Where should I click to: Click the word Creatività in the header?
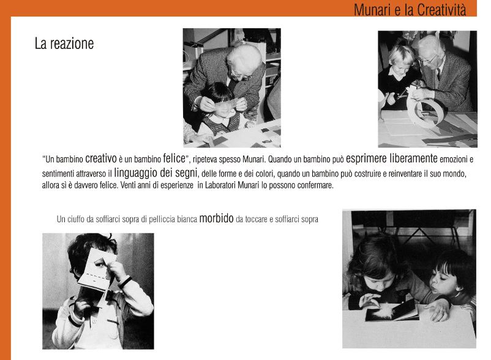coord(441,10)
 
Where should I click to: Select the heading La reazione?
coord(64,43)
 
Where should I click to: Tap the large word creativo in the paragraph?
coord(101,159)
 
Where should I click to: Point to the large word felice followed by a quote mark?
coord(174,158)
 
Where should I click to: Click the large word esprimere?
coord(366,159)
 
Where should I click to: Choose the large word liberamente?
coord(413,158)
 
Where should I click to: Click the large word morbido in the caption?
coord(216,218)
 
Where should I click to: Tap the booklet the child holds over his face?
coord(96,270)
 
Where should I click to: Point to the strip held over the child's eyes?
coord(226,103)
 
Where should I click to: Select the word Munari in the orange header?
coord(372,10)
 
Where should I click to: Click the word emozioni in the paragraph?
coord(454,159)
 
